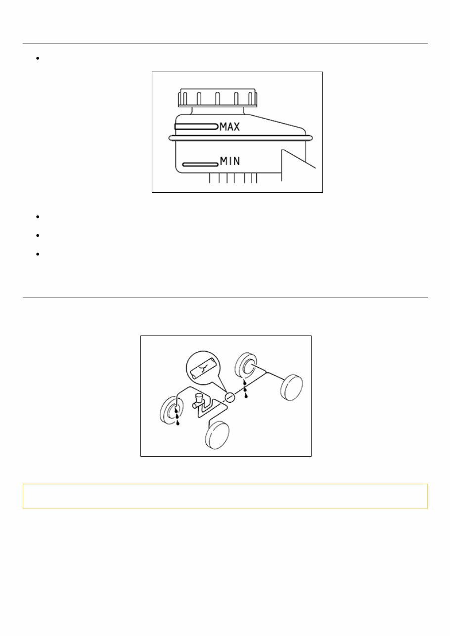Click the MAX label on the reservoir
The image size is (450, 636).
(229, 127)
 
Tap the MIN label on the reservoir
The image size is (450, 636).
(230, 161)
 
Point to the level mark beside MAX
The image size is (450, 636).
(196, 127)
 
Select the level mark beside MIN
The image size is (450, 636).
(200, 165)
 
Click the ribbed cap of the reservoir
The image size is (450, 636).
(218, 98)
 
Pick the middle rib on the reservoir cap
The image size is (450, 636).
(217, 98)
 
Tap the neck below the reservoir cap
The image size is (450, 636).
(218, 111)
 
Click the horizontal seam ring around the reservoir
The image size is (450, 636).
(241, 138)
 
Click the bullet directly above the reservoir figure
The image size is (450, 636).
(38, 58)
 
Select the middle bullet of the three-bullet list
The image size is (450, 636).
(38, 235)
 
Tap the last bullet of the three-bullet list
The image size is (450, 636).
(38, 254)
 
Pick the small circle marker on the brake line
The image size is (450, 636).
(230, 397)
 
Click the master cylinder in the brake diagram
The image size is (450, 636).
(198, 401)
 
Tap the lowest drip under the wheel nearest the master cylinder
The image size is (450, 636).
(178, 424)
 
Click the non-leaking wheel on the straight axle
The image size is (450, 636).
(291, 387)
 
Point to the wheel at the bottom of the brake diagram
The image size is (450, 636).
(217, 435)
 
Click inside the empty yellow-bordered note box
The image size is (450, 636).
(225, 496)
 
